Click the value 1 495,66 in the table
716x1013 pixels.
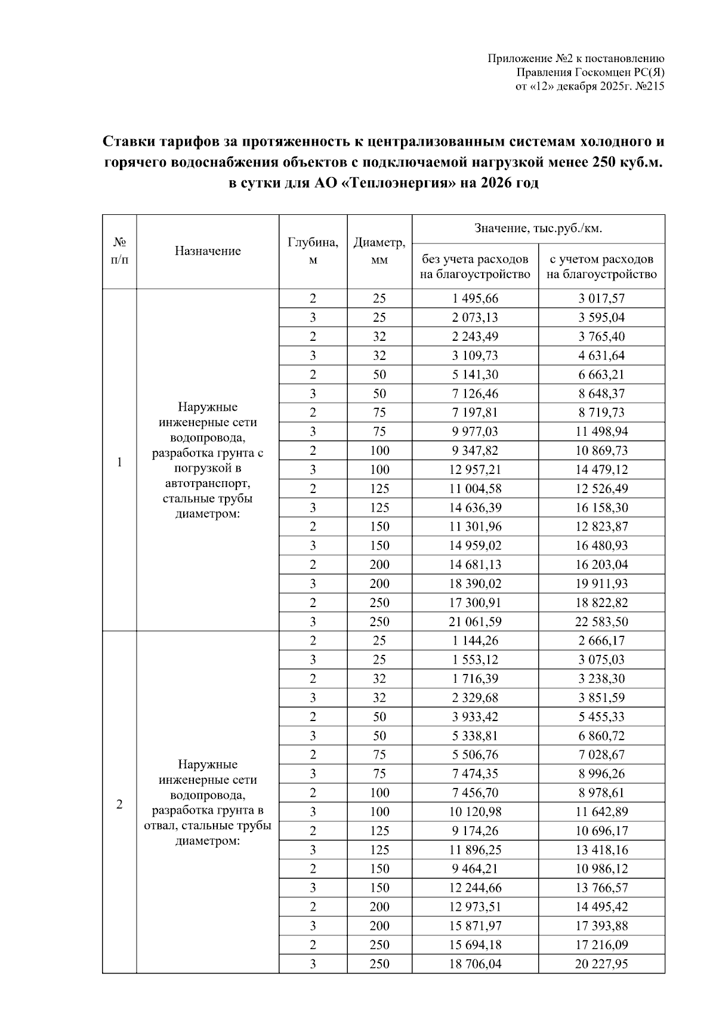[475, 298]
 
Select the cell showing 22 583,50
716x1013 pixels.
[601, 621]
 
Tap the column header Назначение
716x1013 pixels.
[208, 251]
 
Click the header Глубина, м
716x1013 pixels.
[313, 251]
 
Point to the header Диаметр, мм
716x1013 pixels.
[379, 251]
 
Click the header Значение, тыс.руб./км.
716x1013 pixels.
[538, 229]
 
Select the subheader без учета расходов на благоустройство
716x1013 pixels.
[475, 267]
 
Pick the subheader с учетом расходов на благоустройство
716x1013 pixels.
[601, 267]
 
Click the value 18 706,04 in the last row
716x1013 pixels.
[475, 964]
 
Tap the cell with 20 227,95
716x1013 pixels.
[601, 964]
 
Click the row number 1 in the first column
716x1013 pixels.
[119, 462]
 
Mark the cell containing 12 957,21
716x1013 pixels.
[475, 470]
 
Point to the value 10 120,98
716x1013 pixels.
[475, 812]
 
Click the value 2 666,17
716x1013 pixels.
[601, 641]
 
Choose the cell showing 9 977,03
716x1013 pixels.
[475, 432]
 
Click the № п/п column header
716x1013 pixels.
[119, 251]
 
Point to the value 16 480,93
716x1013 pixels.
[601, 546]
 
